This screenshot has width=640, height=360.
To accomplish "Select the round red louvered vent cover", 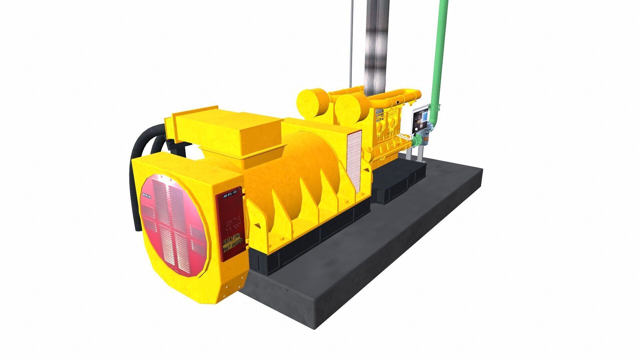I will [173, 223].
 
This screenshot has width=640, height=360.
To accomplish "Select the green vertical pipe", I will [442, 50].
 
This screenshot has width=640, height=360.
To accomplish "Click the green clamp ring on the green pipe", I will [435, 107].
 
